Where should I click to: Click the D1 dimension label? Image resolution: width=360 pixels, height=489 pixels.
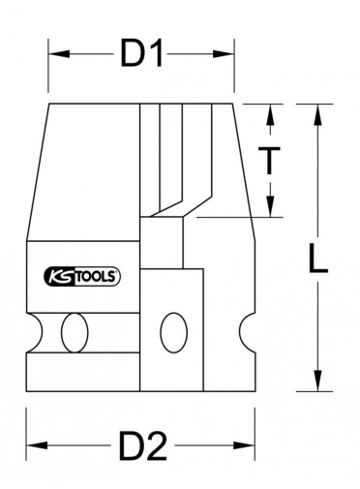tap(141, 53)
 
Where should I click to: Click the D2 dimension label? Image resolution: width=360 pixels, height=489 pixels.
tap(143, 446)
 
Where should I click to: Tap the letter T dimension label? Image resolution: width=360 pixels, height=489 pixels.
tap(270, 161)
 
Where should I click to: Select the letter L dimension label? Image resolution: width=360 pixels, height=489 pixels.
tap(318, 259)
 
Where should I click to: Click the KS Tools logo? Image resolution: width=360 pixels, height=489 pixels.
tap(81, 277)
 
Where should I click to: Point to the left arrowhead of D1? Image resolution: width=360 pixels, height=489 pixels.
tap(59, 53)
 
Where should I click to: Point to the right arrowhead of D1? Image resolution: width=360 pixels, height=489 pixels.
tap(224, 53)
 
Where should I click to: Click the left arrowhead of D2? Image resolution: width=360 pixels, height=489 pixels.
tap(37, 445)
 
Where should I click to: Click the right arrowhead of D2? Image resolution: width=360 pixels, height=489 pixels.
tap(244, 445)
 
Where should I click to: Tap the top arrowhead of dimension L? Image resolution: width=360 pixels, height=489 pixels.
tap(318, 114)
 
